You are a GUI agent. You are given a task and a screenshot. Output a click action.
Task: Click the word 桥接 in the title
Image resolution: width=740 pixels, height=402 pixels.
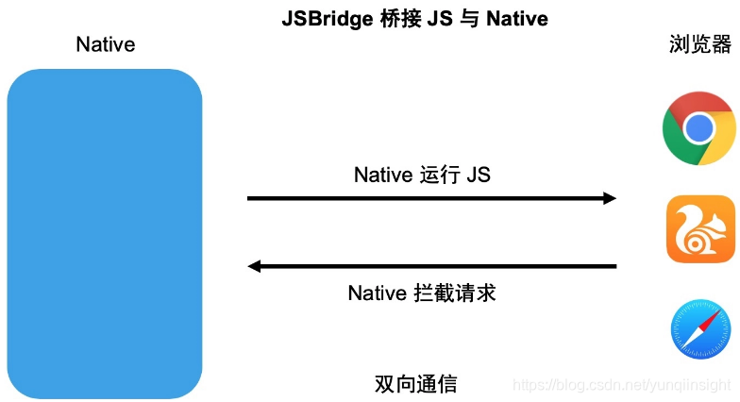coord(390,19)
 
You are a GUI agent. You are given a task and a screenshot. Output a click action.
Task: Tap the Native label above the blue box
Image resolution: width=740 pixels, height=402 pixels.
coord(106,44)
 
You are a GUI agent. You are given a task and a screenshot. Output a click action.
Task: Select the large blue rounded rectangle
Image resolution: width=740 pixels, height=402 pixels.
coord(105,233)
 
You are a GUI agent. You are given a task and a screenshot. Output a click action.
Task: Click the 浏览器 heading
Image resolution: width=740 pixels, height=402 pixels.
coord(699,44)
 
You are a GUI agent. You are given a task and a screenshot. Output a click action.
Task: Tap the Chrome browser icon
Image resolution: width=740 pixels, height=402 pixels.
coord(699,128)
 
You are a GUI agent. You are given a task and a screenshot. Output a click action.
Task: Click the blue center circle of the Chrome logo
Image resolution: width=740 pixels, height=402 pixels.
coord(699,128)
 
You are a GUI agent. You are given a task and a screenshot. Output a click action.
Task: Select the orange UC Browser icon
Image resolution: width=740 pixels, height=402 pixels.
coord(700,229)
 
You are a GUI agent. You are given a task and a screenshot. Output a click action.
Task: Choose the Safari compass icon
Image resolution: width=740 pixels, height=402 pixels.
coord(700,330)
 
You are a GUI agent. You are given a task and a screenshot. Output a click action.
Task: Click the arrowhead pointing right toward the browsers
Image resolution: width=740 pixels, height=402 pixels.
coord(609,198)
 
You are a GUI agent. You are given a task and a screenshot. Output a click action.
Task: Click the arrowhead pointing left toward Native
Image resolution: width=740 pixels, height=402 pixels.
coord(254,266)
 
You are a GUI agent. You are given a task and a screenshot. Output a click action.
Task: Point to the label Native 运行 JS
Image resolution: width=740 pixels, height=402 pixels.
coord(422,175)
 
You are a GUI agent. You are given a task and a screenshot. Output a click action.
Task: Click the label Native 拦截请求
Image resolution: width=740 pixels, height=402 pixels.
coord(422,293)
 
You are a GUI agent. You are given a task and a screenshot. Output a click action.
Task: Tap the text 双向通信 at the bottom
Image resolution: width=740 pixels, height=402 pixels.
coord(416,384)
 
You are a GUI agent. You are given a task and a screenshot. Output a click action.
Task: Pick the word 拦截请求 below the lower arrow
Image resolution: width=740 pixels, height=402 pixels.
coord(454,293)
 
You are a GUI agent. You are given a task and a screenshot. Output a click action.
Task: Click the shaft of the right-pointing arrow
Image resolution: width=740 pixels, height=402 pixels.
coord(425,198)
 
